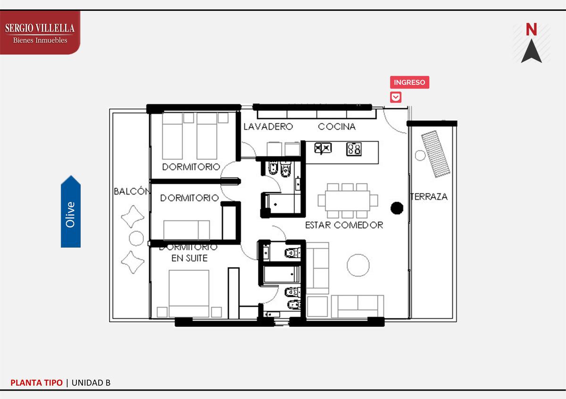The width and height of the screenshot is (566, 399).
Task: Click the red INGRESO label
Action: [x=409, y=82]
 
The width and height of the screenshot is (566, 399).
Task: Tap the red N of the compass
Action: [x=531, y=30]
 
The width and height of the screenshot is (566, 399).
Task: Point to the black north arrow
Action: [x=532, y=51]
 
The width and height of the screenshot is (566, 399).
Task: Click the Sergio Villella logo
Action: [x=40, y=33]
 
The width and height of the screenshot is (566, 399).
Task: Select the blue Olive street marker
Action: [x=71, y=212]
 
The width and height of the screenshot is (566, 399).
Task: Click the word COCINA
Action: [x=337, y=127]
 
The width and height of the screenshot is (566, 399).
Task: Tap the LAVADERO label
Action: [x=268, y=127]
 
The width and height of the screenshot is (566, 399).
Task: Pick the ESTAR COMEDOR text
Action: [x=344, y=225]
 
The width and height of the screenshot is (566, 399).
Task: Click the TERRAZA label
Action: [x=429, y=196]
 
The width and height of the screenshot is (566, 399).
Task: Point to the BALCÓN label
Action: [x=132, y=191]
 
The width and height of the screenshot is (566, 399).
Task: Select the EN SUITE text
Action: [x=190, y=258]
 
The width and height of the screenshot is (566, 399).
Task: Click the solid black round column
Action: [x=397, y=208]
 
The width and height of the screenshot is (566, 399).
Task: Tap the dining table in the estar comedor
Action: [x=348, y=201]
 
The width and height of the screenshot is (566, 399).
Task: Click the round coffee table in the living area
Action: [x=358, y=265]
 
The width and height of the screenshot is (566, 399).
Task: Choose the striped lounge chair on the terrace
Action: [x=435, y=154]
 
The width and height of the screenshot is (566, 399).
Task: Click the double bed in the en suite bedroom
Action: [x=189, y=293]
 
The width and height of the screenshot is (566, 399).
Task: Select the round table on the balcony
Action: [x=136, y=238]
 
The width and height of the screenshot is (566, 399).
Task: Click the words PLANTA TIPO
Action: [x=36, y=383]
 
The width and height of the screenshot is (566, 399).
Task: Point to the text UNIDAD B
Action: [x=91, y=383]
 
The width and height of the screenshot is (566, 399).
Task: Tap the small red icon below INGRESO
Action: [x=395, y=97]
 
